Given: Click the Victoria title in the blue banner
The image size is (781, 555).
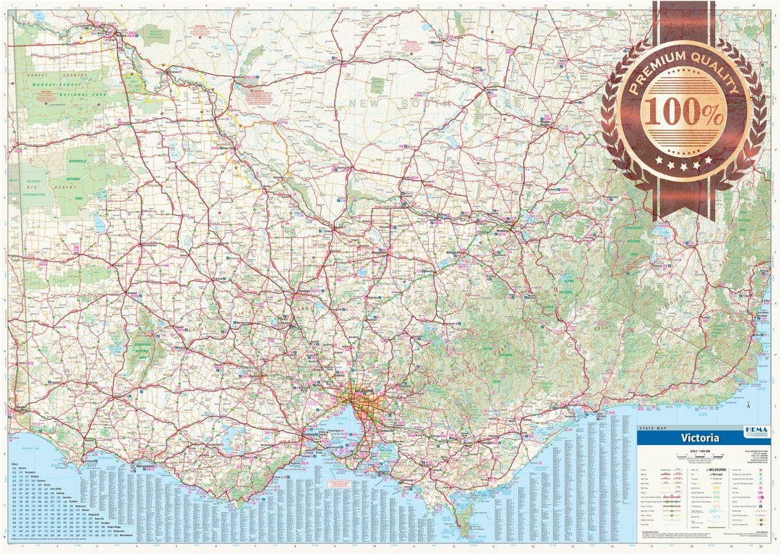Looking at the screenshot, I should (699, 439).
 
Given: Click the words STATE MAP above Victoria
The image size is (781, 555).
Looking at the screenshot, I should (654, 429).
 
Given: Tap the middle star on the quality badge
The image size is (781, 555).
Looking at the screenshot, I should (683, 166).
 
